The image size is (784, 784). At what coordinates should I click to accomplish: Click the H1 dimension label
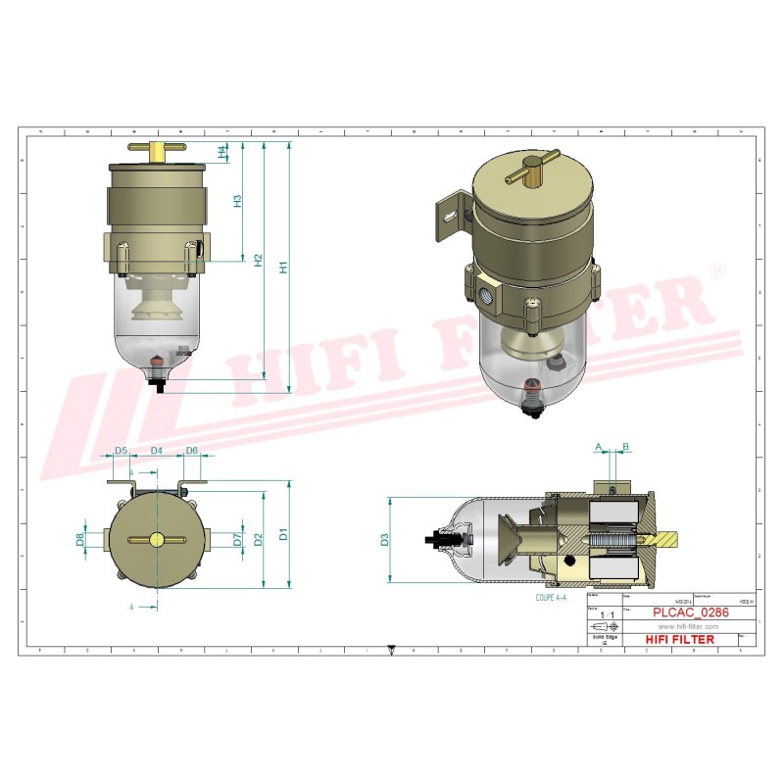point(282,266)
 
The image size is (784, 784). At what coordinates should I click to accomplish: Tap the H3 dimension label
point(236,201)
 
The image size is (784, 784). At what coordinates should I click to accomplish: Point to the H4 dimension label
point(223,151)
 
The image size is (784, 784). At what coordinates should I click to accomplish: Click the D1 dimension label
point(283,534)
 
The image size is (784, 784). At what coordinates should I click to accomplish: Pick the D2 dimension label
point(258,538)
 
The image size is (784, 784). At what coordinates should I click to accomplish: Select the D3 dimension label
point(385,538)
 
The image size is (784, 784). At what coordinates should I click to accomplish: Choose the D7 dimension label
point(237,538)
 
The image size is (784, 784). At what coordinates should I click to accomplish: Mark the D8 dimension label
point(79,538)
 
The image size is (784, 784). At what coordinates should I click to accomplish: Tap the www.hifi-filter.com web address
point(688,626)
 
